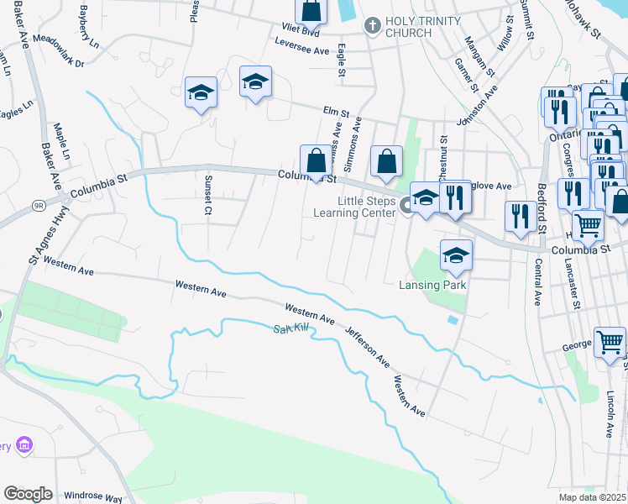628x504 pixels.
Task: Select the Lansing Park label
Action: (432, 285)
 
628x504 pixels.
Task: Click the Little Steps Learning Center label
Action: (365, 207)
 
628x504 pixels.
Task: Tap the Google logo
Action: (29, 494)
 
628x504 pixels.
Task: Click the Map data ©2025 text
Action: (593, 497)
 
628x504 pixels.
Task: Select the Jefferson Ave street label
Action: (368, 347)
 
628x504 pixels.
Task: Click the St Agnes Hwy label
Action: (37, 245)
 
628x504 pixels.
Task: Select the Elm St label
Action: (336, 111)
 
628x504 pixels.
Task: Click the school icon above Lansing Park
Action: (456, 255)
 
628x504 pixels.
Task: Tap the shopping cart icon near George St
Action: (610, 341)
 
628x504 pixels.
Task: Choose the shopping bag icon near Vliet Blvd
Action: (311, 11)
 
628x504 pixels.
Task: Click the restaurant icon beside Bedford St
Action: (521, 215)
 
